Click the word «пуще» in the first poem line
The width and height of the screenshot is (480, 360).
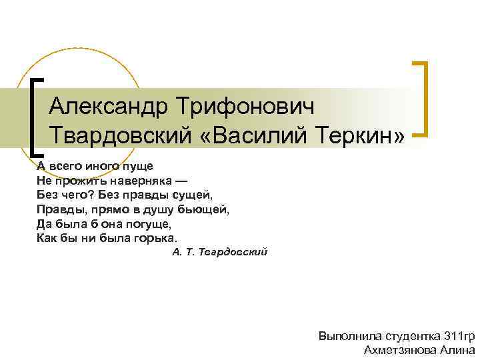pyautogui.click(x=138, y=165)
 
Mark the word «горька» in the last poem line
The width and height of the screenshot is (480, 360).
pyautogui.click(x=156, y=238)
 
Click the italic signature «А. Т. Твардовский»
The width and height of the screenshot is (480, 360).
pyautogui.click(x=219, y=253)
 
